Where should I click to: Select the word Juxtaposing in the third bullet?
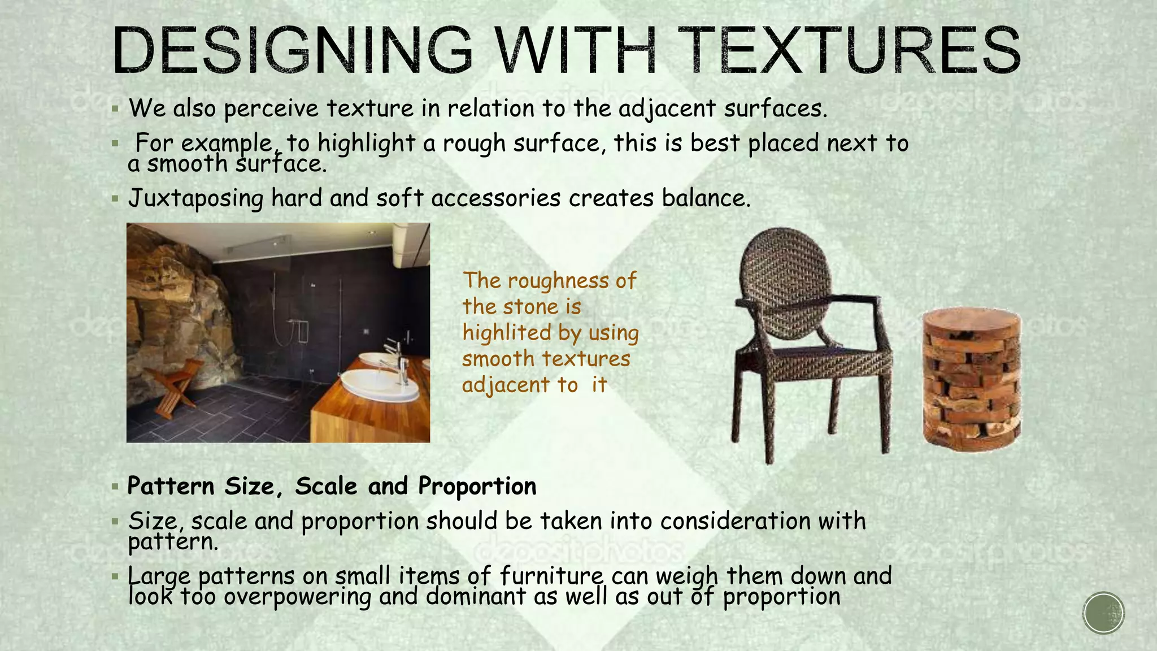click(x=195, y=198)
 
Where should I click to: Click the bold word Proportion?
click(x=477, y=486)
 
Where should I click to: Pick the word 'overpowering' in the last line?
click(x=297, y=597)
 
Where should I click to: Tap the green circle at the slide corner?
click(x=1104, y=613)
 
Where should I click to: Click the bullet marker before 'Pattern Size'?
click(x=115, y=487)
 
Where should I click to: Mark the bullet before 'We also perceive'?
click(x=115, y=108)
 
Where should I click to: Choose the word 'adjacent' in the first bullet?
click(x=667, y=108)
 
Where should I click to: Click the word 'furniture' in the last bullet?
click(x=551, y=576)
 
